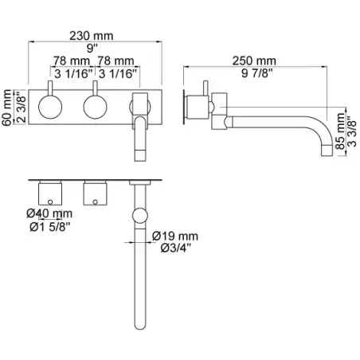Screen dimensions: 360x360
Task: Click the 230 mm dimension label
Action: coord(91,36)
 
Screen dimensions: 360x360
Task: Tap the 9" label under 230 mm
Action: coord(92,49)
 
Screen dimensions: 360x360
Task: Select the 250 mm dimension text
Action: coord(254,61)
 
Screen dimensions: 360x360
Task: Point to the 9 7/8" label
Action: coord(257,73)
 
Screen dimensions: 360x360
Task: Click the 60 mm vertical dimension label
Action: coord(7,108)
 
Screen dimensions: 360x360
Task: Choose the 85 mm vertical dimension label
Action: coord(340,131)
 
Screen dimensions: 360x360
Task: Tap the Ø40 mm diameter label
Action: coord(49,213)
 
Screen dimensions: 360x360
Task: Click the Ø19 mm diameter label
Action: coord(175,236)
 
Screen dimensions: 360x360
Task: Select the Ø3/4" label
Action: coord(176,248)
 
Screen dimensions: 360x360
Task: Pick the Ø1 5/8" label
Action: coord(50,226)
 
